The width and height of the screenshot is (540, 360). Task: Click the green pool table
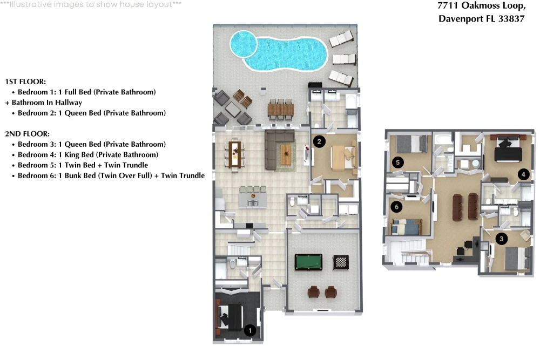click(x=308, y=262)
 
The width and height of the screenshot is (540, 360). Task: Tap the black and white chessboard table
click(x=341, y=263)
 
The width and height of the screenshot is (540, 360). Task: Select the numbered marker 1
click(x=250, y=331)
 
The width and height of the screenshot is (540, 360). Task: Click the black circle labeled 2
click(x=319, y=141)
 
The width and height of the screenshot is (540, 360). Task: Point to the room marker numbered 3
click(x=502, y=239)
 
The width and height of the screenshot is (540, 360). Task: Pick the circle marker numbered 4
click(x=523, y=174)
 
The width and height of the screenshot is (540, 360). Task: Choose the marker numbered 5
click(x=398, y=162)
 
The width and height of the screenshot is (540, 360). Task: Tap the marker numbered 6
click(x=397, y=207)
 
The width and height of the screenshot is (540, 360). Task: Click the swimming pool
click(x=278, y=51)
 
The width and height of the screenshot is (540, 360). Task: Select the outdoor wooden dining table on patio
click(x=281, y=110)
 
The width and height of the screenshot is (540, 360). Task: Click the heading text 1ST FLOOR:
click(x=25, y=81)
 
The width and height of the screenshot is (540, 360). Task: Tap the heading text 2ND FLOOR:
click(x=27, y=133)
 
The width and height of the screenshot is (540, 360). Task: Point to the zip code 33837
click(x=511, y=18)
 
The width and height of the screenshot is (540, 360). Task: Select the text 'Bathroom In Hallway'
click(x=47, y=103)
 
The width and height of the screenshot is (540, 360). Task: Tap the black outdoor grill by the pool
click(x=315, y=85)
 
